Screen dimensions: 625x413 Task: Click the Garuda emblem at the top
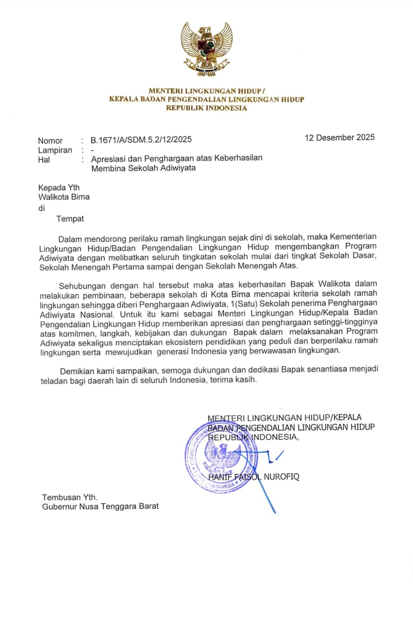click(206, 49)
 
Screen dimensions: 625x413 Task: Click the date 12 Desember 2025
click(339, 137)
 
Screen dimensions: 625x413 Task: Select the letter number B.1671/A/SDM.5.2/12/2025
click(141, 140)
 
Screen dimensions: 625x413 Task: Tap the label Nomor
click(50, 141)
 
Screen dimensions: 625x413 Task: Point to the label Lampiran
click(55, 150)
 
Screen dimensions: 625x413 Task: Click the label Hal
click(44, 160)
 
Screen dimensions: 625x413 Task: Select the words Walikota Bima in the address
click(64, 197)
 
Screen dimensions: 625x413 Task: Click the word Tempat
click(70, 219)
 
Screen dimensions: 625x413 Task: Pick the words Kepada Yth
click(59, 187)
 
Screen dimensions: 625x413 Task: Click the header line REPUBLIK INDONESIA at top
click(206, 108)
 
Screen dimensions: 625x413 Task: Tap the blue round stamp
click(221, 457)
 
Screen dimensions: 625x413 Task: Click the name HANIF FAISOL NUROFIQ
click(253, 477)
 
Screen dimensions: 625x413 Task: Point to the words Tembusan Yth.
click(70, 497)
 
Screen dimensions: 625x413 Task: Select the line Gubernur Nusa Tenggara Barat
click(101, 507)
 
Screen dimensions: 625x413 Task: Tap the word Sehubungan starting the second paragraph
click(82, 286)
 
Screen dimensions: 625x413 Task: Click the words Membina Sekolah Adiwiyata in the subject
click(144, 168)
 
